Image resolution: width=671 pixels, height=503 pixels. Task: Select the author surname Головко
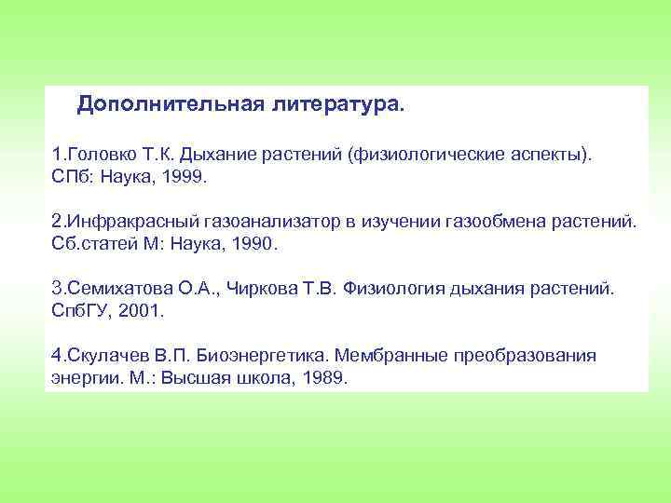pos(99,152)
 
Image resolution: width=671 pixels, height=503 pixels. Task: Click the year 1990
pos(253,245)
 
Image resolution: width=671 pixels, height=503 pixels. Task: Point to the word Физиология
pos(390,289)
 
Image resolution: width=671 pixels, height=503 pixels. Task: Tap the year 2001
pos(137,310)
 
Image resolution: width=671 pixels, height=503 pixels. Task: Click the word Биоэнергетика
pos(253,356)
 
